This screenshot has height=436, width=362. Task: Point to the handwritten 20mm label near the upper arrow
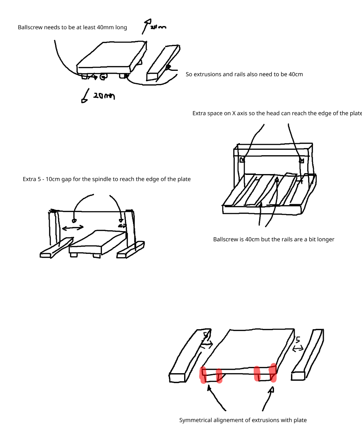158,27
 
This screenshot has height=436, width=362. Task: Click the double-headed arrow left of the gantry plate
73,228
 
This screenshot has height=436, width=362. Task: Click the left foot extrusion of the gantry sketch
56,249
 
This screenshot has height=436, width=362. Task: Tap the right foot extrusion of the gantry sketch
131,250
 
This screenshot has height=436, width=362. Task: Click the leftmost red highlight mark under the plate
203,375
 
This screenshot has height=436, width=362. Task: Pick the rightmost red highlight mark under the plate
272,372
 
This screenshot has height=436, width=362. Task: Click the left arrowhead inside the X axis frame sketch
243,160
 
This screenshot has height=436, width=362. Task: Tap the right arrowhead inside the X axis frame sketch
301,160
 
